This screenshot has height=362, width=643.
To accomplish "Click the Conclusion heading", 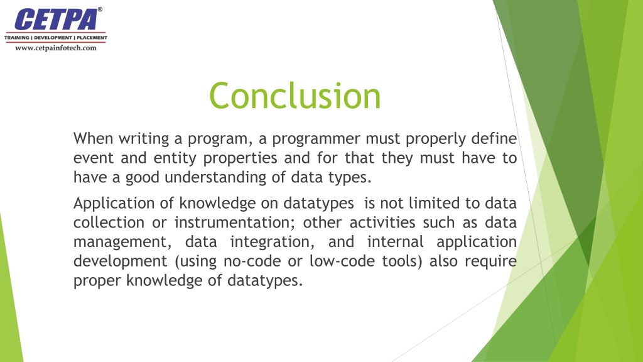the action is point(295,96).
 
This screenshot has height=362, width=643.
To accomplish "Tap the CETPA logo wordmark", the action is point(56,19).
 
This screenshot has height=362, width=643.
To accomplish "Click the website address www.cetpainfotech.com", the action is point(56,48).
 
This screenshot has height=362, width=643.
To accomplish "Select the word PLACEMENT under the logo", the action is point(92,38).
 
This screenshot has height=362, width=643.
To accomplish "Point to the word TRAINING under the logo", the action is point(17,38).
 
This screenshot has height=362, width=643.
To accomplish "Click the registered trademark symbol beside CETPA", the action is point(100,9).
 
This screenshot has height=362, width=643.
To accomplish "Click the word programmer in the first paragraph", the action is point(315,139).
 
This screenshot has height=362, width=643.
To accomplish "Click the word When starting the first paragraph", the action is point(93,138).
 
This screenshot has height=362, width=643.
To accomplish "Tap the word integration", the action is point(273,243).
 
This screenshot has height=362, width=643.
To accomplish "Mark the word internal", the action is point(396,242).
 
